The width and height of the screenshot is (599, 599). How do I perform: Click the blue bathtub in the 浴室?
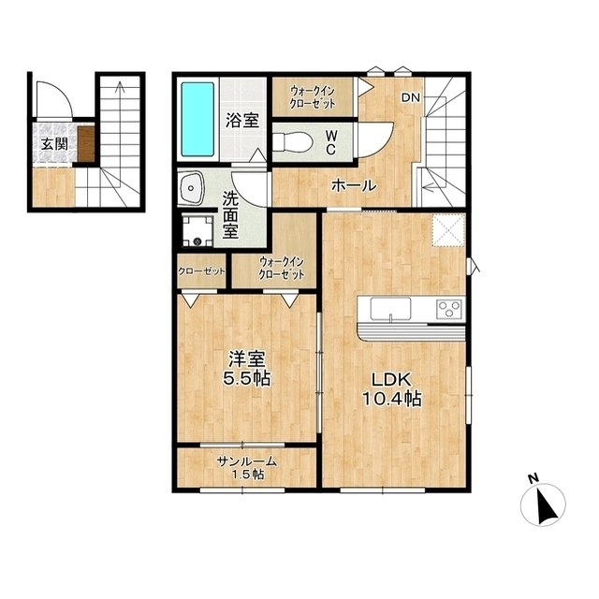[x=197, y=119]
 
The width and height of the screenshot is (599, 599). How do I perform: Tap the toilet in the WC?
[x=293, y=142]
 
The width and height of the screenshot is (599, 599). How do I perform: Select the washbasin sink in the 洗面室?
[x=191, y=188]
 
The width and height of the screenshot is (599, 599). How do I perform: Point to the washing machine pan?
[x=197, y=231]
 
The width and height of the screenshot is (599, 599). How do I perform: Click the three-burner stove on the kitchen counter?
[x=449, y=309]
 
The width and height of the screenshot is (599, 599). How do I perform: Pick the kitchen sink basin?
[x=390, y=308]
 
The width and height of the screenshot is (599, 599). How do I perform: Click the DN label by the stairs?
[x=410, y=97]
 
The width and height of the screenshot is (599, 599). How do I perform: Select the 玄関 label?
[x=54, y=144]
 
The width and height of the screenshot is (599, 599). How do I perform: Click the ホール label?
[x=354, y=185]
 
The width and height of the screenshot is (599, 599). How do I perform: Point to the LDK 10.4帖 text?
[x=391, y=389]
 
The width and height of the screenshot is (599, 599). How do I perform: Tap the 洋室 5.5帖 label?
[x=247, y=368]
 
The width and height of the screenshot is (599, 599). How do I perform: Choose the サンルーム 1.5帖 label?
[x=247, y=468]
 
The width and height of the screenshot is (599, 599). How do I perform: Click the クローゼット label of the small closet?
[x=201, y=271]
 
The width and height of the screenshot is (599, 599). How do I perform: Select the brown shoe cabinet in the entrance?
[x=86, y=144]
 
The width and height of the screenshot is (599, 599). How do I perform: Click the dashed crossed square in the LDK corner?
[x=448, y=230]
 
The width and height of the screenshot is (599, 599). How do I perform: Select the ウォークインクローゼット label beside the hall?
[x=313, y=97]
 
